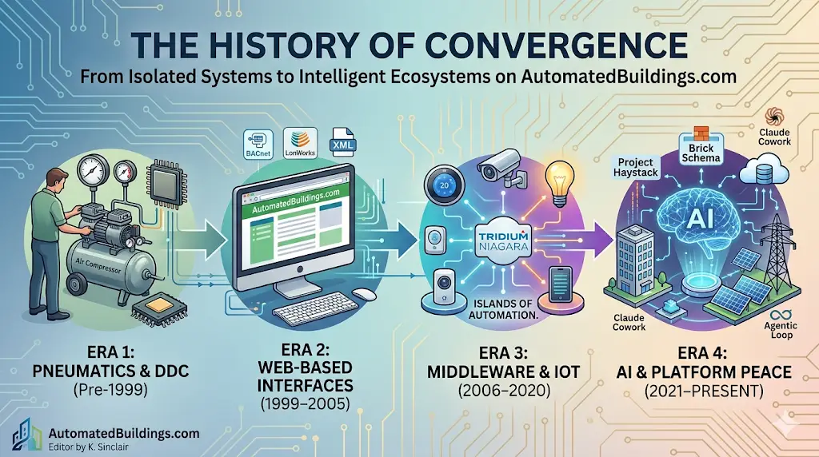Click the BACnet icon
(258, 144)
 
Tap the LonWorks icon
(301, 143)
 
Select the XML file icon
(342, 142)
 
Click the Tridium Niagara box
(504, 240)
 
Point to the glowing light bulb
(559, 183)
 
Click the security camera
(500, 165)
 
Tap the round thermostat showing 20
(444, 185)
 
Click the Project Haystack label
(636, 167)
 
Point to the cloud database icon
(764, 169)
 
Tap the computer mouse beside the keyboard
(364, 294)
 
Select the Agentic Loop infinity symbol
(781, 315)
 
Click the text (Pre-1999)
(110, 389)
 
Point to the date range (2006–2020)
(504, 390)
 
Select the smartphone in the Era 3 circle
(561, 284)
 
